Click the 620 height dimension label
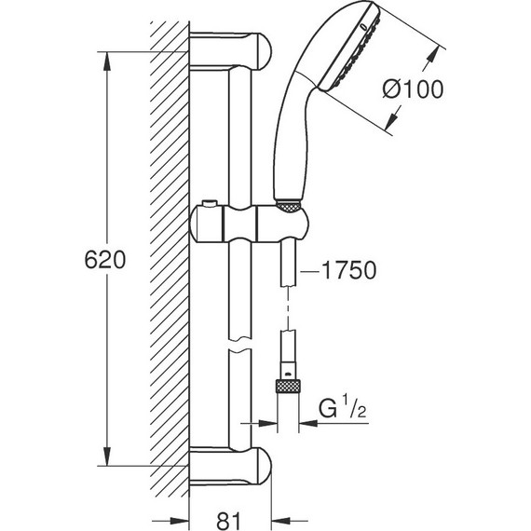tap(105, 260)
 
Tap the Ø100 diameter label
tap(413, 89)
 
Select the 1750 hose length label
tap(348, 270)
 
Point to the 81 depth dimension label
tap(228, 521)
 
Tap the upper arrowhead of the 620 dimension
tap(107, 61)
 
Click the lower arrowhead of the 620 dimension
tap(107, 456)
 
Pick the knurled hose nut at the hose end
tap(288, 387)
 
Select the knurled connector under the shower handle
tap(288, 207)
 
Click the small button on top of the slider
tap(210, 203)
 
